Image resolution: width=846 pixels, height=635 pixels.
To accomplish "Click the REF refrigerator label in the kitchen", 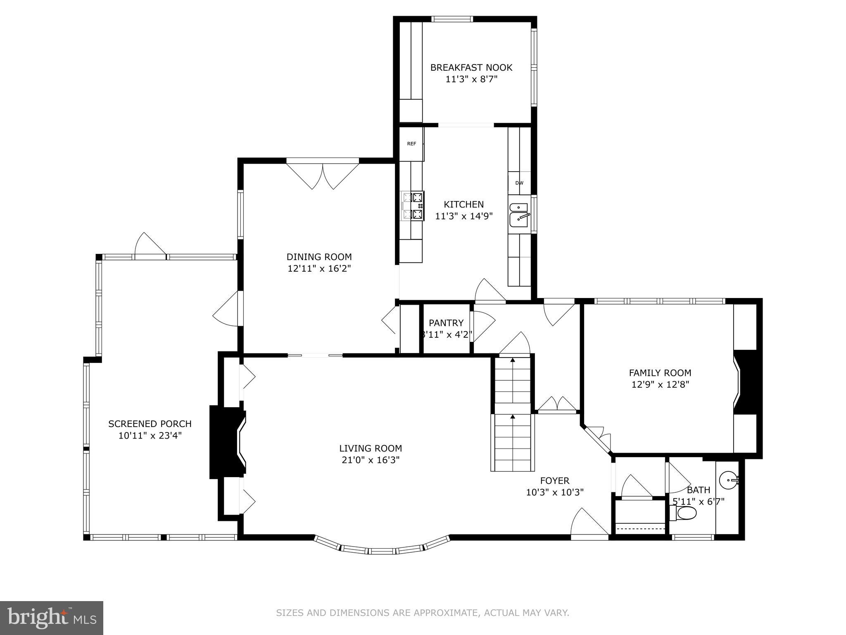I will click(x=411, y=144).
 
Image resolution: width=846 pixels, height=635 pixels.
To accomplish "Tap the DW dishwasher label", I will click(x=519, y=183).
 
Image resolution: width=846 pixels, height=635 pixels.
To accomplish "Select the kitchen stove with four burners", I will click(x=413, y=205).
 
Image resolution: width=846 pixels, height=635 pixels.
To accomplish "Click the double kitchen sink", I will click(x=519, y=215).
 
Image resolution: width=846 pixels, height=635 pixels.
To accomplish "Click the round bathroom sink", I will click(x=729, y=480).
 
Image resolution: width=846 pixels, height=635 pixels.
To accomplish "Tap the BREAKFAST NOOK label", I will click(x=471, y=67).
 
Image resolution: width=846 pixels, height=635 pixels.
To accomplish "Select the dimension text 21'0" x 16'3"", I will click(x=371, y=460).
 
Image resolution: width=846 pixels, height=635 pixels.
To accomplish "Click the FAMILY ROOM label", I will click(x=660, y=373).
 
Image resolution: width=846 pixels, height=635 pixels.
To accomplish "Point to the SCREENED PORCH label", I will click(x=150, y=424).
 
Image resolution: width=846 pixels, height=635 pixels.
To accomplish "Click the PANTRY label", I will click(x=446, y=323).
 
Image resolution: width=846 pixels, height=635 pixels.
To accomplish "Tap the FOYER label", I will click(x=554, y=481).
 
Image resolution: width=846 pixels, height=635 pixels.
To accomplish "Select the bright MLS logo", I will click(x=51, y=618).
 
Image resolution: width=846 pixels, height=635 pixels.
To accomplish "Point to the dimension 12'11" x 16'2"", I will click(x=319, y=269).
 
